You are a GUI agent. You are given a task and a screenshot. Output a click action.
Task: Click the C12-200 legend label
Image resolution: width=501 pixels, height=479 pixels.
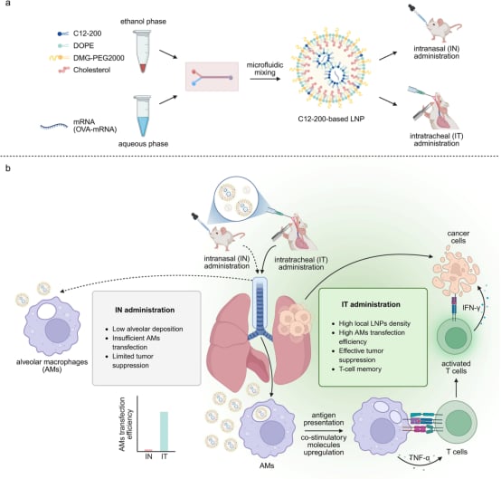(x=87, y=34)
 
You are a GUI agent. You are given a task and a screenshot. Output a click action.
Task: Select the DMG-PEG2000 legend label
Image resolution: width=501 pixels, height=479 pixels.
(x=99, y=58)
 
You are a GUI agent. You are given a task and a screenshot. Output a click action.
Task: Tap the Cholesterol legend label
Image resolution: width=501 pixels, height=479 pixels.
(x=91, y=70)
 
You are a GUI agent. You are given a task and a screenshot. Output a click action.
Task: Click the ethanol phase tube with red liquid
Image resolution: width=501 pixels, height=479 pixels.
(x=143, y=51)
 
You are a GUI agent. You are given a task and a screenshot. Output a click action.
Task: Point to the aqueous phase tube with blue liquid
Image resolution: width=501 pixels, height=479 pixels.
(x=143, y=116)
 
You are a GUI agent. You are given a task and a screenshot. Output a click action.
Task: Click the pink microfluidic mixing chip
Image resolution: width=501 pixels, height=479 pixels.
(x=212, y=76)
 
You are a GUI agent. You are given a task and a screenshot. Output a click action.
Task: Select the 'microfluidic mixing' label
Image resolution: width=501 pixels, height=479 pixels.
(x=265, y=69)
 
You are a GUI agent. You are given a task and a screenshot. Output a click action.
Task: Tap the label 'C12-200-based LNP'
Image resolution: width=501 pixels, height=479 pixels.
(x=331, y=119)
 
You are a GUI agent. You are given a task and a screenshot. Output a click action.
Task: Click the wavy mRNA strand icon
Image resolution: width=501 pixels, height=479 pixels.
(x=53, y=126)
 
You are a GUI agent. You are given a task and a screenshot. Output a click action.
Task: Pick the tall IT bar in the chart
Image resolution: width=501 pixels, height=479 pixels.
(x=164, y=431)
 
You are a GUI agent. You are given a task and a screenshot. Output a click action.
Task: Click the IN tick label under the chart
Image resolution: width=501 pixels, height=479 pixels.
(x=148, y=456)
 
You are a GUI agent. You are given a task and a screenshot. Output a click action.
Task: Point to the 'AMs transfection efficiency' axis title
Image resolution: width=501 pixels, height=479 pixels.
(x=126, y=425)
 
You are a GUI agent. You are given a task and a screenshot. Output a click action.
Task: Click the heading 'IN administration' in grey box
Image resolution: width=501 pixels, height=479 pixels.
(x=145, y=310)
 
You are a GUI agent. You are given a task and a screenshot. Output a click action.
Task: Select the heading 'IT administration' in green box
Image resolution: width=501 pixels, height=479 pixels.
(x=371, y=304)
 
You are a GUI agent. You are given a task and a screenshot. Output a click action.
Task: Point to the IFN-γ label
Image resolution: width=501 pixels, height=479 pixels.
(x=471, y=308)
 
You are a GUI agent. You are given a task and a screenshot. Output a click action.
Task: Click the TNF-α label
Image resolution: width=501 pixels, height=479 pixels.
(x=420, y=458)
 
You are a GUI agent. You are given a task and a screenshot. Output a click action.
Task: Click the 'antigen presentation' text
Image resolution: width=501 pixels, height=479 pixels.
(x=324, y=419)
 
